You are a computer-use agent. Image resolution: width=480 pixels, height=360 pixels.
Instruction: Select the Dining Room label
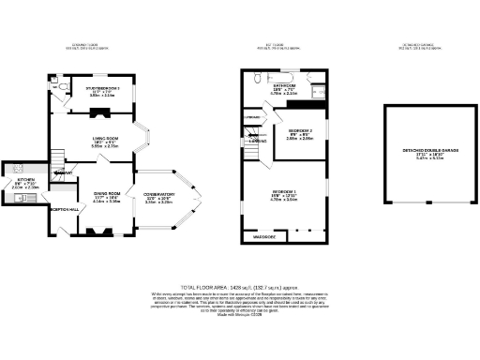coord(106,194)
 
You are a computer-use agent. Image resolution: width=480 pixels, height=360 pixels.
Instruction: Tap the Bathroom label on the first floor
coord(285,85)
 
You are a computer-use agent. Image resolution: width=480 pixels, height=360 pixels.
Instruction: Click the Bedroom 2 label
coord(300,130)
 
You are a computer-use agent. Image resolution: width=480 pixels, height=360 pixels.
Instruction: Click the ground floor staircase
coord(56,159)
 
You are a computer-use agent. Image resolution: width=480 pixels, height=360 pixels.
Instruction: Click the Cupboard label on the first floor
coord(251,116)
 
